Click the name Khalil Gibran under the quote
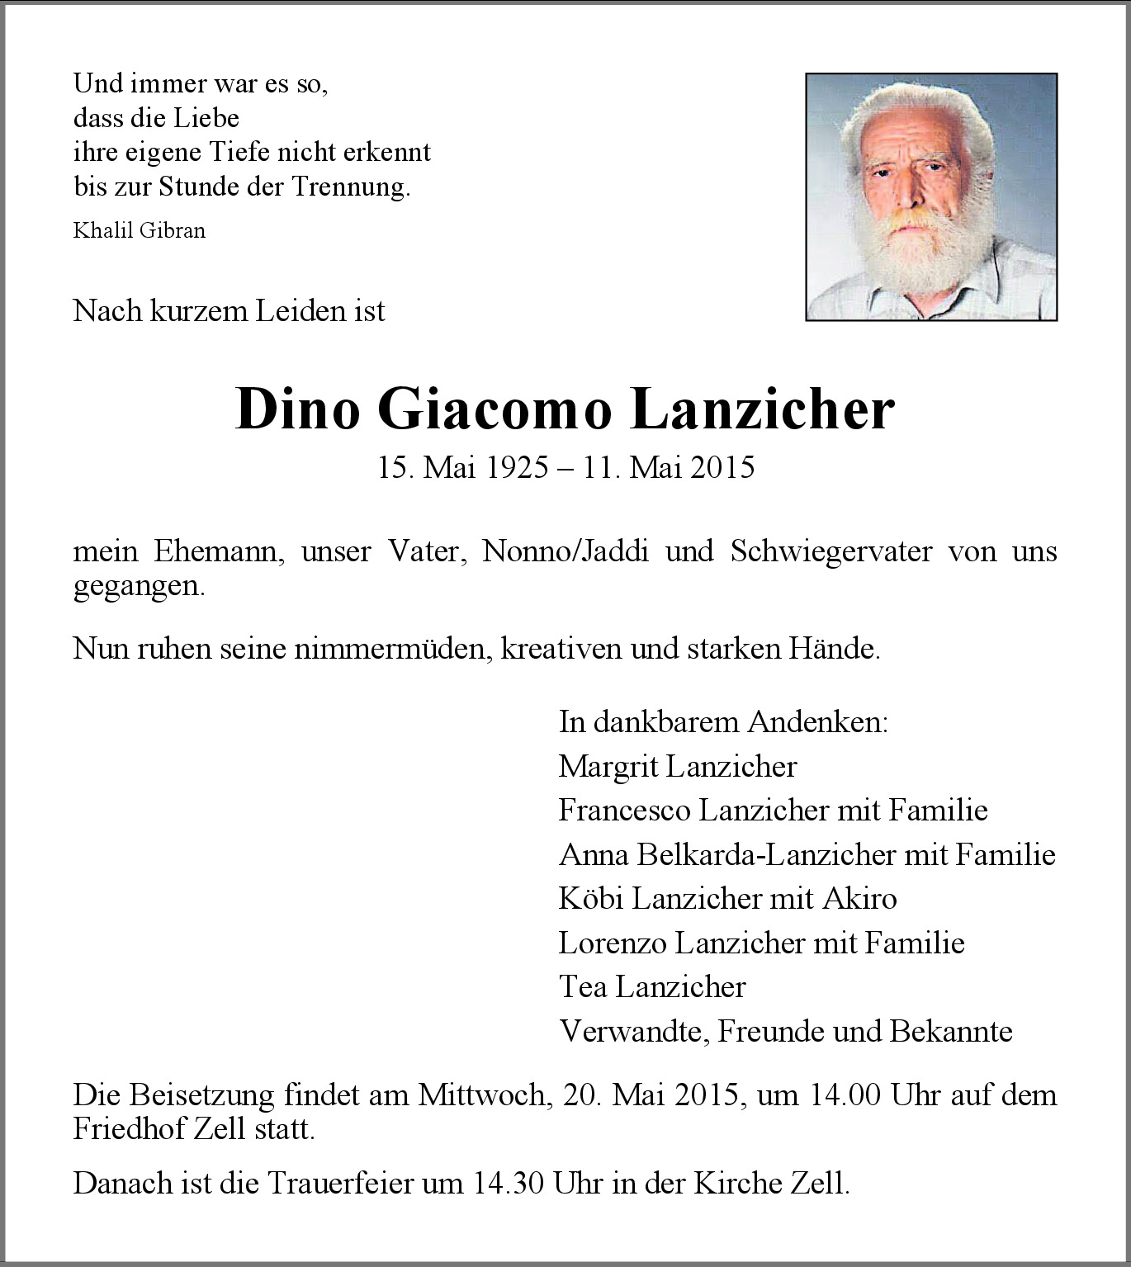coord(139,230)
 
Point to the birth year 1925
coord(517,468)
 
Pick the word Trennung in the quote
coord(350,187)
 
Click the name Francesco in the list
coord(624,811)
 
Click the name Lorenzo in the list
coord(612,943)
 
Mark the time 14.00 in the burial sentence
coord(842,1095)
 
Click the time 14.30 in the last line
coord(509,1184)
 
